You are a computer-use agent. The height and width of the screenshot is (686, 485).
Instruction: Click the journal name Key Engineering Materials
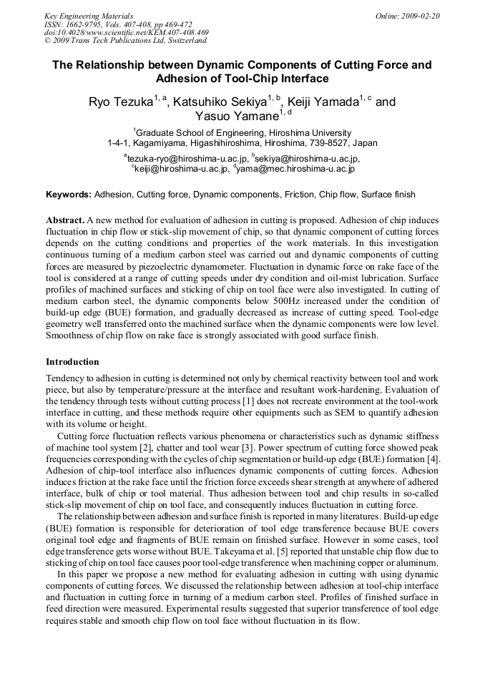pos(89,15)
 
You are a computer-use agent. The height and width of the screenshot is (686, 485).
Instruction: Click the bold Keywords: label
pos(69,195)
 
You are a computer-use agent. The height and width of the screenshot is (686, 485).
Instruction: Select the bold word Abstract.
pos(64,221)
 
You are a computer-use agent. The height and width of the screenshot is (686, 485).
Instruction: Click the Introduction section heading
pos(72,362)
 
